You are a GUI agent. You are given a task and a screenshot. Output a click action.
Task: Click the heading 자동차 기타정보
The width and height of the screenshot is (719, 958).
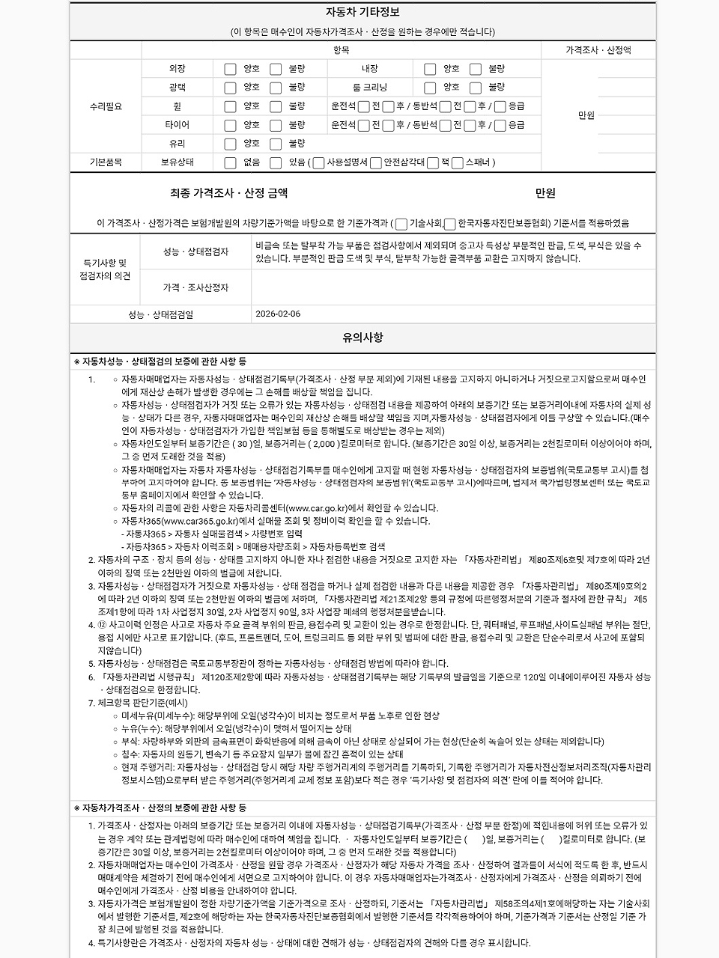362,12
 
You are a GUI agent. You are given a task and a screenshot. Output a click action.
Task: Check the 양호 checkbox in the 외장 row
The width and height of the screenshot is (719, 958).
231,69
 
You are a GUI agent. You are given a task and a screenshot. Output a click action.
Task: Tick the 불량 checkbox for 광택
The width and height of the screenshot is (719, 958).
276,88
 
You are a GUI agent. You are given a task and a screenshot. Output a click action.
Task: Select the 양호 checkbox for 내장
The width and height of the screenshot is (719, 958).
430,69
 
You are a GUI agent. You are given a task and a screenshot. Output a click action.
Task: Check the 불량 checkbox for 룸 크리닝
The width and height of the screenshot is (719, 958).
476,88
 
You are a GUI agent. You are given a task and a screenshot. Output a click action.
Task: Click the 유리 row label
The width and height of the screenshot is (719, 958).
178,144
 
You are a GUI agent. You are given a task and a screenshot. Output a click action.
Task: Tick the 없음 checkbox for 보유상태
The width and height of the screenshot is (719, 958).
231,162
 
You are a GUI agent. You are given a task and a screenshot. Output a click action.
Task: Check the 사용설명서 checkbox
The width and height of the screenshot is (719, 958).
318,162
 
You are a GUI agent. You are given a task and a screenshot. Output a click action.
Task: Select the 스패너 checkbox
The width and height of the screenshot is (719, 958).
458,162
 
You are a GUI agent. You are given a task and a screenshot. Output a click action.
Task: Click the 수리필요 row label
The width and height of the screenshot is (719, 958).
105,106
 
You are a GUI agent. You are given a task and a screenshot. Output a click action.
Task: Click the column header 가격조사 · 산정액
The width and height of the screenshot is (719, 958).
598,50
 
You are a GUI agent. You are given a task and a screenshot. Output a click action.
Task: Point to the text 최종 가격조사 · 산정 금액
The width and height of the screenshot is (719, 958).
228,193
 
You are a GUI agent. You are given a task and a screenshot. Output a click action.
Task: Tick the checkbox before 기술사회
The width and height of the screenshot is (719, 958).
401,224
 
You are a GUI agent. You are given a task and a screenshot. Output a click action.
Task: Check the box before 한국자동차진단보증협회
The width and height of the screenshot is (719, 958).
450,224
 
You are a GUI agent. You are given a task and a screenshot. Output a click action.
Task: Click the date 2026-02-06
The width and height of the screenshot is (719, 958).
278,314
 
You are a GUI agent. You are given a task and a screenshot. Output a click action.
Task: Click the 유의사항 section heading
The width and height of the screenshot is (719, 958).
362,338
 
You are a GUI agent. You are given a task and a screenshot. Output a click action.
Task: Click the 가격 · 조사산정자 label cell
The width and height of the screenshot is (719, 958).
195,287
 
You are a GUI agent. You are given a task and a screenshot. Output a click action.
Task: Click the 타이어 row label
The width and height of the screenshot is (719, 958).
178,125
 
